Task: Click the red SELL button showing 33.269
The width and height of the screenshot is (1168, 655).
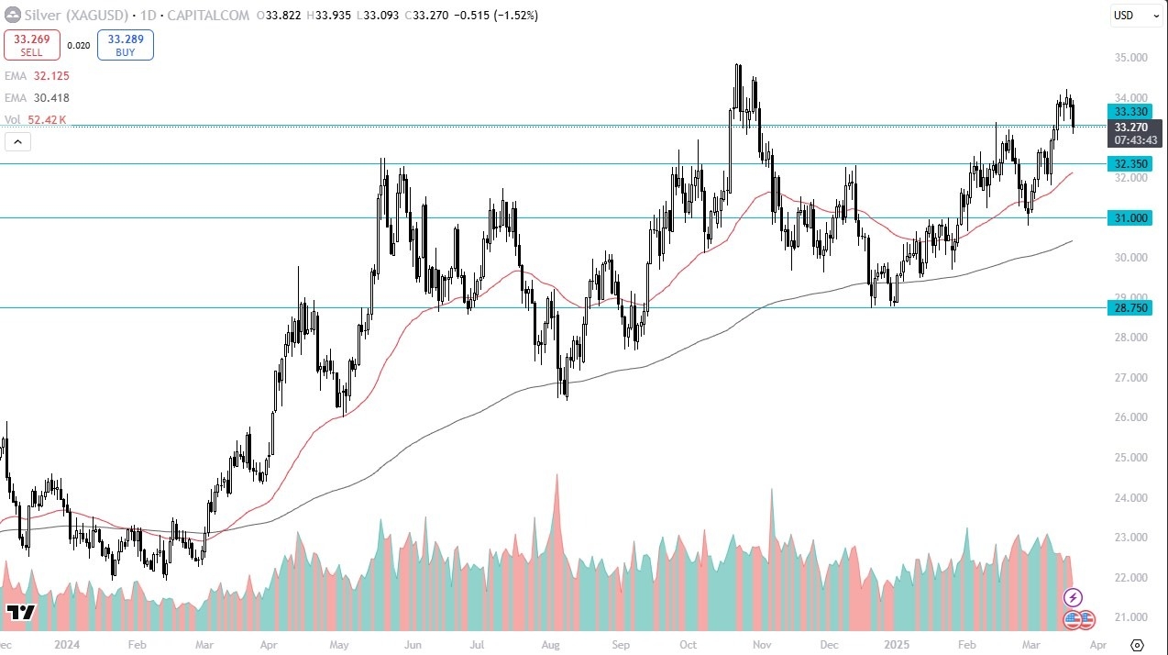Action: coord(32,45)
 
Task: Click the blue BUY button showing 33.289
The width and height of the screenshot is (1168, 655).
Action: coord(125,45)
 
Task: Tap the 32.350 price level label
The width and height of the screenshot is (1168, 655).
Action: coord(1132,164)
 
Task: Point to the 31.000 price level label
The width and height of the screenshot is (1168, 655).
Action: coord(1132,217)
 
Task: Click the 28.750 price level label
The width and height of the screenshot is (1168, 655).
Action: coord(1132,308)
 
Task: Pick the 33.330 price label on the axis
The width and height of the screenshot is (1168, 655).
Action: coord(1132,110)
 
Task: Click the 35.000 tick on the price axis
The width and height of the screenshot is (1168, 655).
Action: coord(1132,58)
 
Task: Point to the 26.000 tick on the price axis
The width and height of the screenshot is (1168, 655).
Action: coord(1132,417)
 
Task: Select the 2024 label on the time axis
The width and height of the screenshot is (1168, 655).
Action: coord(67,645)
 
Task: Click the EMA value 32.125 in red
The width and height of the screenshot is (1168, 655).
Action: coord(50,76)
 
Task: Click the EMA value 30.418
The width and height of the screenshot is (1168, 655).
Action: coord(50,98)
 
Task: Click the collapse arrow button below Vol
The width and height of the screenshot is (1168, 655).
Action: coord(17,141)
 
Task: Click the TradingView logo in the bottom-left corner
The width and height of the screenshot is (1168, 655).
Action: coord(19,613)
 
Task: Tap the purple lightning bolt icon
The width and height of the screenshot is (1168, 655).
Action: coord(1073,598)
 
